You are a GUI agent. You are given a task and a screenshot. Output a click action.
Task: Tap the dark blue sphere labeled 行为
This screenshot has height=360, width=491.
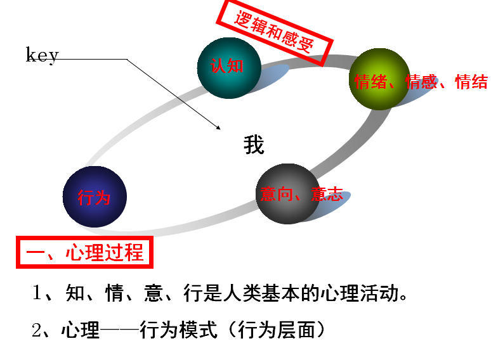[x=95, y=196]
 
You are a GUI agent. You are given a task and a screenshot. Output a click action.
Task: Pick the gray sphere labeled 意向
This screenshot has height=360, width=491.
[x=287, y=194]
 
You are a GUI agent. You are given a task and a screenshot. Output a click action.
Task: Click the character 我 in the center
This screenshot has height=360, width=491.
[x=254, y=146]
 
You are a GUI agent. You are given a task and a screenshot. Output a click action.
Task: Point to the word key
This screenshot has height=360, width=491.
[x=42, y=55]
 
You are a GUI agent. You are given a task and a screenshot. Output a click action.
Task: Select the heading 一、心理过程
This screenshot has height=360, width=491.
[x=84, y=253]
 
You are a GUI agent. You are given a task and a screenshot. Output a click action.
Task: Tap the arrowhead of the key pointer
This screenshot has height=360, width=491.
[x=218, y=126]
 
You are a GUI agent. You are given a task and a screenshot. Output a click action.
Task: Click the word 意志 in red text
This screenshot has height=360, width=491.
[x=327, y=194]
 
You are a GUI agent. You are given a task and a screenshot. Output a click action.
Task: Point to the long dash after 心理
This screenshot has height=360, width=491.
[x=121, y=331]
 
